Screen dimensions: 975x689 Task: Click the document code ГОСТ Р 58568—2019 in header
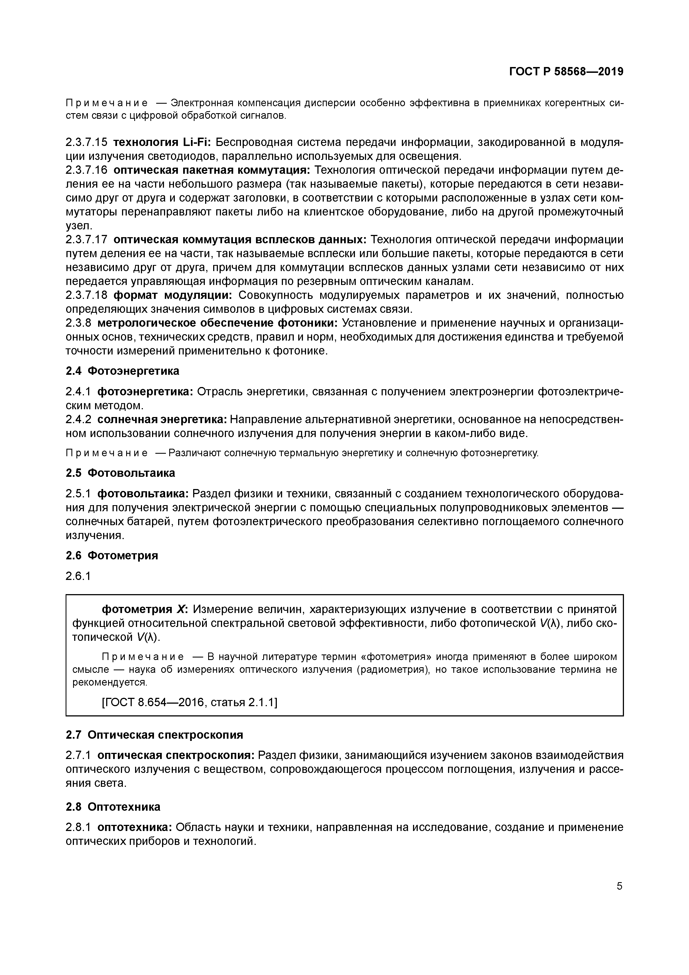(x=566, y=72)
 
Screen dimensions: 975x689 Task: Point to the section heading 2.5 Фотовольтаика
(x=120, y=473)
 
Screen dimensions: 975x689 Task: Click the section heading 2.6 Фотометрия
(x=112, y=555)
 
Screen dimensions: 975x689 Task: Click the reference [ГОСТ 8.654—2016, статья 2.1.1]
(x=189, y=703)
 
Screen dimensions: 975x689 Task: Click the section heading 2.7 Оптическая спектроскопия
(x=155, y=735)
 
